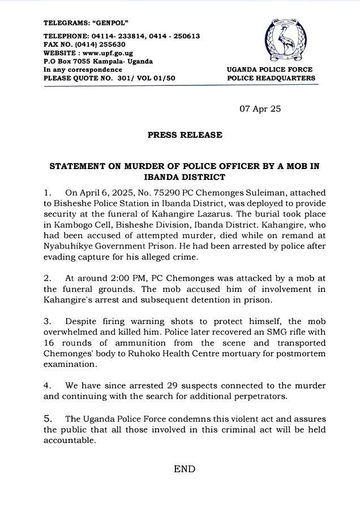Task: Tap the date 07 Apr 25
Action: point(260,108)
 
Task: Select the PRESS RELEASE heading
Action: point(185,135)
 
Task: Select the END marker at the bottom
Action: point(185,469)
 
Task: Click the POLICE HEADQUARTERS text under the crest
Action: point(271,78)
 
